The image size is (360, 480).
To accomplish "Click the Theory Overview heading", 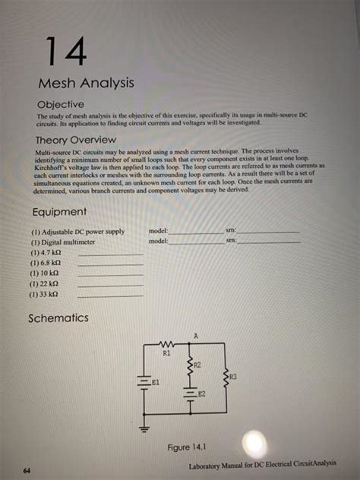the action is coord(75,140).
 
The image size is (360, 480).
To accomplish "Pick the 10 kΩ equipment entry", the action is coord(43,273).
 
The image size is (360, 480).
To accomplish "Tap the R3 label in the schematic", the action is coord(232,376).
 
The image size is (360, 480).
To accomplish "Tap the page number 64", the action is coord(27,471).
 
